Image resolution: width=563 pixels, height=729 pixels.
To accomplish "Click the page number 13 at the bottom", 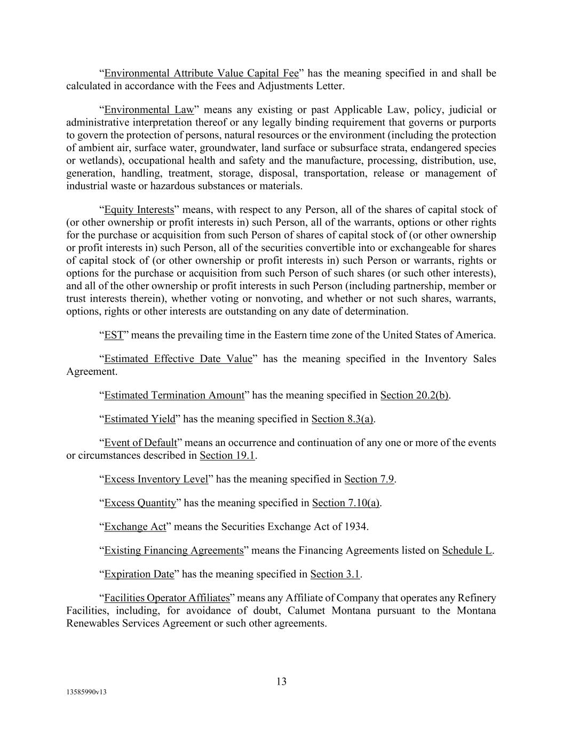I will click(x=281, y=681).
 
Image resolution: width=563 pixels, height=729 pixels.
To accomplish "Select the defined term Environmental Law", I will click(x=149, y=110).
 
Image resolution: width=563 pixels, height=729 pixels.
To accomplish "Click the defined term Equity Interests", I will click(x=139, y=210).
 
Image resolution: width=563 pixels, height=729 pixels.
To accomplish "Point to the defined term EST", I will click(x=114, y=335).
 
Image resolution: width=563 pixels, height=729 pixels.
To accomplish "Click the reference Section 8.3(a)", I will click(x=343, y=419).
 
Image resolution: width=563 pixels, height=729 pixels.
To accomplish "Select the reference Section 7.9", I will click(x=369, y=480).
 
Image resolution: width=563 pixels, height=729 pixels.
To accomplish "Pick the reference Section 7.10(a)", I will click(x=346, y=503).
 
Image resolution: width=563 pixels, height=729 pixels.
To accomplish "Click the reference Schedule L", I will click(x=467, y=551).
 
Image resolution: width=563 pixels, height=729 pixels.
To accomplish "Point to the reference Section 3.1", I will click(x=335, y=575).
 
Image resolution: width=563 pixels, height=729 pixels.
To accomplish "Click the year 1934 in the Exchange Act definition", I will click(x=356, y=527).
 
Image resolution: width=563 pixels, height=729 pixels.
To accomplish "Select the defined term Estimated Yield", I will click(x=139, y=419).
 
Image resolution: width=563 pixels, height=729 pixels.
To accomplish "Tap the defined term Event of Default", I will click(x=140, y=443).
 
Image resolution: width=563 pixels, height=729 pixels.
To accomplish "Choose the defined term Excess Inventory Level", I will click(x=156, y=480).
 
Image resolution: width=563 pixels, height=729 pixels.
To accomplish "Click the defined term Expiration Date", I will click(x=139, y=575).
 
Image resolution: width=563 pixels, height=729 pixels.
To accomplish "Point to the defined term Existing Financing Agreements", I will click(x=173, y=551).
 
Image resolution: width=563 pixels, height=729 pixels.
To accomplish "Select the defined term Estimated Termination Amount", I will click(x=173, y=396).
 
